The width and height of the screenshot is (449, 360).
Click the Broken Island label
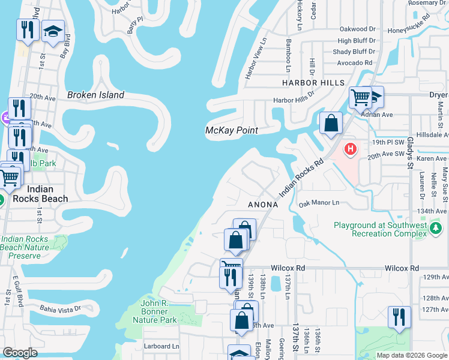point(95,95)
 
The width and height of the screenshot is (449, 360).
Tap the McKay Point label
point(232,130)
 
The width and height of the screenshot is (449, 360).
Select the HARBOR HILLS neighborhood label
point(313,83)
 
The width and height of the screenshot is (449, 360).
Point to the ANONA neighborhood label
point(263,205)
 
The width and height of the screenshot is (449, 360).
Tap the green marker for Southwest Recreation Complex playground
point(435,228)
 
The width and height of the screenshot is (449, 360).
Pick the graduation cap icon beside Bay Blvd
point(53,32)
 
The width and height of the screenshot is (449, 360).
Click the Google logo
point(20,353)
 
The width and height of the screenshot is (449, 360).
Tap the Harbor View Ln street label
point(255,58)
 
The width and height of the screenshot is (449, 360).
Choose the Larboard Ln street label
point(161,346)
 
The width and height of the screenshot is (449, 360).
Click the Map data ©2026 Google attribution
point(411,355)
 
